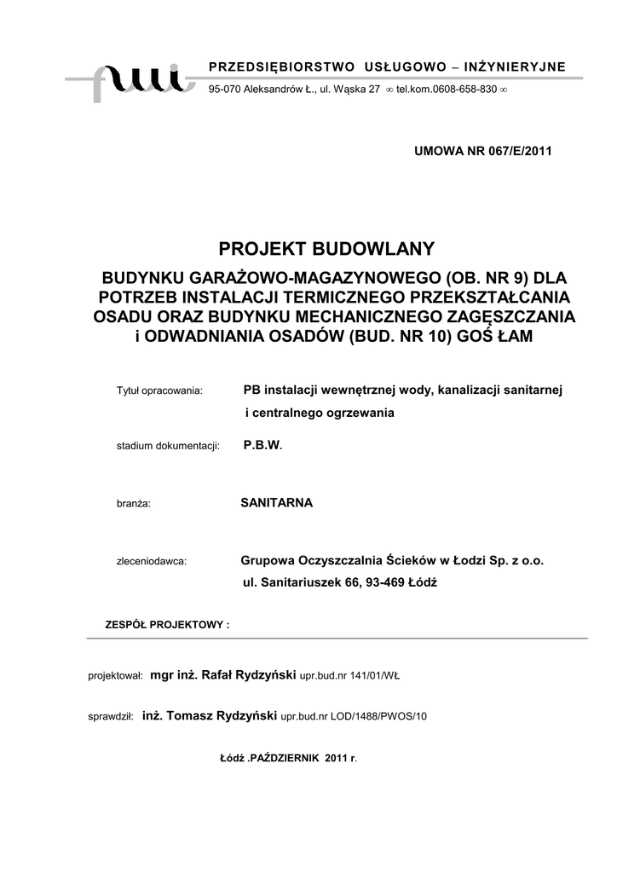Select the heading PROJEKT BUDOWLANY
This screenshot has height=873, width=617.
[327, 249]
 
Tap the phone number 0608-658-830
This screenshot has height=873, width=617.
[462, 90]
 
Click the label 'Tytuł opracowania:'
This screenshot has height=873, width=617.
[159, 390]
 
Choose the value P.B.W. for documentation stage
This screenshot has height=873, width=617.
[262, 445]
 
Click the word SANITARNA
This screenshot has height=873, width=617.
[277, 503]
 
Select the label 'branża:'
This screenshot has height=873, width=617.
[133, 504]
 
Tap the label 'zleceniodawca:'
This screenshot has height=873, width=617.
[151, 562]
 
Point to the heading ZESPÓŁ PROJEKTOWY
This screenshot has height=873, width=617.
[166, 624]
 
